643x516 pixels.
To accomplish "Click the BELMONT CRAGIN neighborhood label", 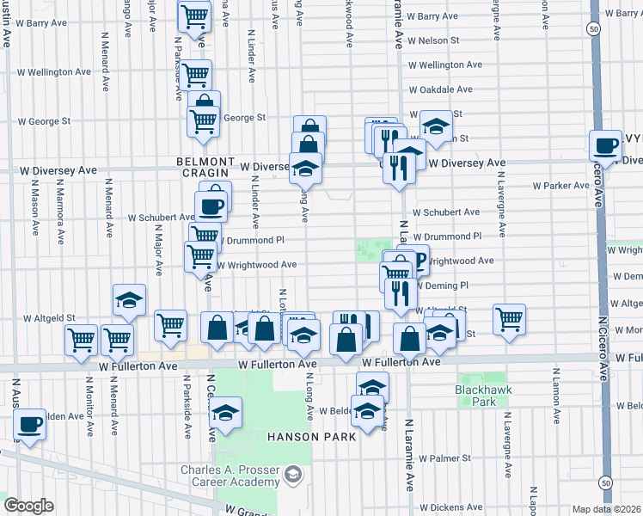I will [x=205, y=167].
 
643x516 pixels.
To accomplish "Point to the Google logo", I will [x=28, y=506].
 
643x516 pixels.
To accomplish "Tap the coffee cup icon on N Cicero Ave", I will [x=606, y=145].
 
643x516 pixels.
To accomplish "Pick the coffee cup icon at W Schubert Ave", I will [x=211, y=206].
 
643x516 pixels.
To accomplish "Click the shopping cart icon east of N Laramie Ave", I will [x=510, y=318].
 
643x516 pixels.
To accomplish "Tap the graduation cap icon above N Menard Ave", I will [x=129, y=299].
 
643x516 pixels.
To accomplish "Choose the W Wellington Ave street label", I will [x=440, y=64].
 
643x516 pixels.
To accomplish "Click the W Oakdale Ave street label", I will [x=440, y=89].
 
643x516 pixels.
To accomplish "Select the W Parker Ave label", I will [x=560, y=186].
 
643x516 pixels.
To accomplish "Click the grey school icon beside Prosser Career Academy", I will [x=293, y=475].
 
